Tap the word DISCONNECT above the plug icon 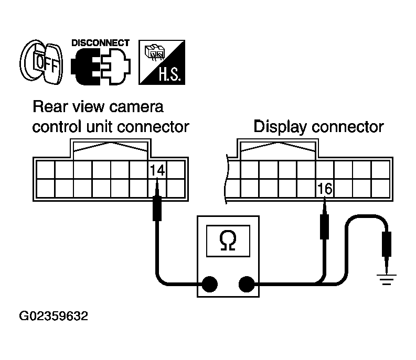pyautogui.click(x=101, y=42)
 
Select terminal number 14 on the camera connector pyautogui.click(x=156, y=170)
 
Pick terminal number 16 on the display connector pyautogui.click(x=325, y=188)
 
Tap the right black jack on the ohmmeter pyautogui.click(x=247, y=284)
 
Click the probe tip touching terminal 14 pyautogui.click(x=156, y=202)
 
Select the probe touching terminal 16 pyautogui.click(x=324, y=223)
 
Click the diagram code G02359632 pyautogui.click(x=54, y=317)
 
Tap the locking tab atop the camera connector pyautogui.click(x=110, y=148)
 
